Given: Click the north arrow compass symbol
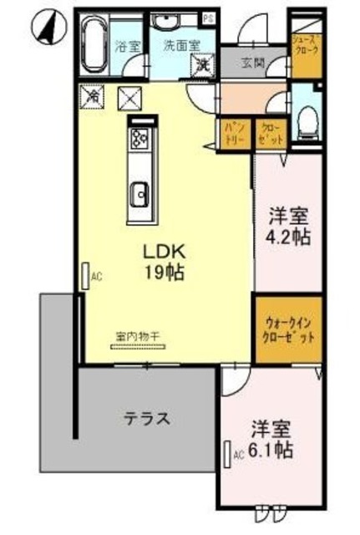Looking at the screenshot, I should pyautogui.click(x=48, y=27).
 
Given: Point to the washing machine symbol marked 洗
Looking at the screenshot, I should pyautogui.click(x=200, y=65).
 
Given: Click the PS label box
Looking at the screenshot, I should pyautogui.click(x=207, y=17).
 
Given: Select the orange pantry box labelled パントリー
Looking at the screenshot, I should pyautogui.click(x=232, y=133).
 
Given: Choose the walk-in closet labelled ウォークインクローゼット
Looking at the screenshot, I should pyautogui.click(x=287, y=332).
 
